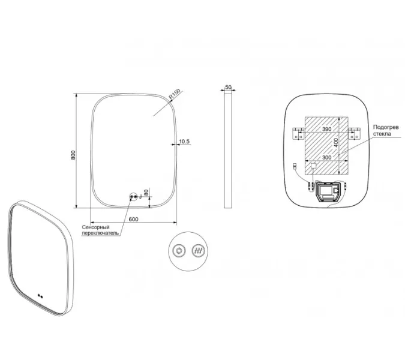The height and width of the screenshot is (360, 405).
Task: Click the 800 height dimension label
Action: [x=73, y=155]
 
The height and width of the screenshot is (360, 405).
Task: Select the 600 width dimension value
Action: [x=133, y=219]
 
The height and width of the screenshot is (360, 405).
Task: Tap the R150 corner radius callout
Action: [x=175, y=94]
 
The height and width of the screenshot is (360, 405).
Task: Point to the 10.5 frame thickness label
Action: [x=184, y=141]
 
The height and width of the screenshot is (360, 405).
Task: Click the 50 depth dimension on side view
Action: [x=228, y=87]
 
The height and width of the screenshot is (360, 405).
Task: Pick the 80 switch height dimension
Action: [x=146, y=193]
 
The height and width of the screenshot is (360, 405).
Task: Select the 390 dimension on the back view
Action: [x=327, y=129]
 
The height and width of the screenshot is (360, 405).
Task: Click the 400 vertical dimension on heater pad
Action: [x=335, y=143]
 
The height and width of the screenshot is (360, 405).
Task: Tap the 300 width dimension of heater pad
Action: [x=327, y=157]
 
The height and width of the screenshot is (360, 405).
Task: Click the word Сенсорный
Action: [x=95, y=227]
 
